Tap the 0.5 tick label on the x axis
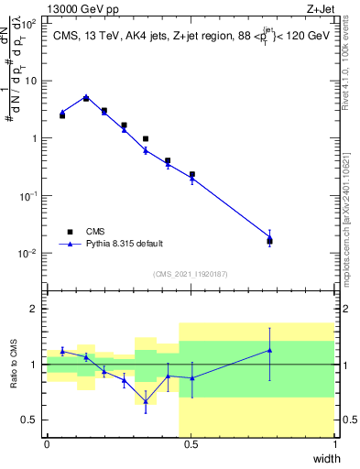[x=191, y=444]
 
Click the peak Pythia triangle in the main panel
[x=86, y=97]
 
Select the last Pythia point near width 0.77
[x=269, y=238]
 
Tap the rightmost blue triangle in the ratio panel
[x=269, y=350]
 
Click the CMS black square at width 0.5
[x=192, y=174]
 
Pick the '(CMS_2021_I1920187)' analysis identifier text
[x=190, y=273]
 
